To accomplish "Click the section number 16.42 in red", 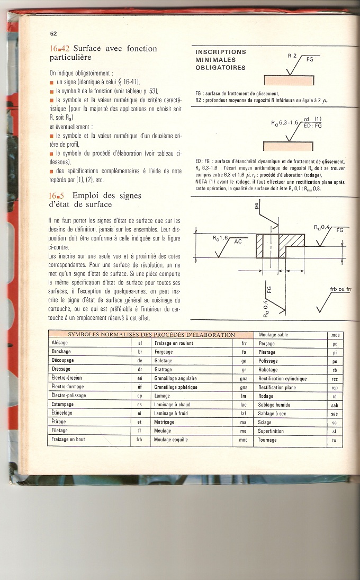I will click(x=60, y=49).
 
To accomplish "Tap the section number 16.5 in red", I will click(x=56, y=195).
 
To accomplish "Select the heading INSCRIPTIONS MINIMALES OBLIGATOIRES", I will click(x=221, y=60).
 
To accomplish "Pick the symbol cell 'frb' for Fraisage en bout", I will click(x=140, y=440).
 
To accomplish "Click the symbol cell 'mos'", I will click(x=335, y=335).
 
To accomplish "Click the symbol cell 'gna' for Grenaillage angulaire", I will click(x=244, y=379).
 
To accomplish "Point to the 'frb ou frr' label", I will click(x=341, y=289).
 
